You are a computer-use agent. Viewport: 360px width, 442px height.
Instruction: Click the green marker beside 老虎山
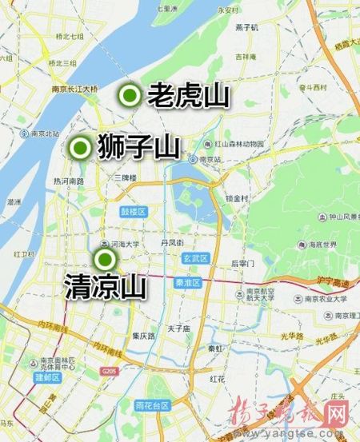[128, 96]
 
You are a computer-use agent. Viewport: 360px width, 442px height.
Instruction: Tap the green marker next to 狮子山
[80, 147]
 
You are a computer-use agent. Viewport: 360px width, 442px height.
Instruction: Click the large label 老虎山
[189, 96]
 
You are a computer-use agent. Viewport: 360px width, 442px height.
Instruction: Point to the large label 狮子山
[138, 147]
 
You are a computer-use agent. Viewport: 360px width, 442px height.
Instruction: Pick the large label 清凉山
[104, 286]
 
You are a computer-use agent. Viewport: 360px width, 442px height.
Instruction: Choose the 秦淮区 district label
[189, 282]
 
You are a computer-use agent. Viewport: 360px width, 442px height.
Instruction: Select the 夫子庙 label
[177, 329]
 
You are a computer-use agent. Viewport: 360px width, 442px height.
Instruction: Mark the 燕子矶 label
[246, 28]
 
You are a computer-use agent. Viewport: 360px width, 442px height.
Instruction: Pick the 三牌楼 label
[126, 177]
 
